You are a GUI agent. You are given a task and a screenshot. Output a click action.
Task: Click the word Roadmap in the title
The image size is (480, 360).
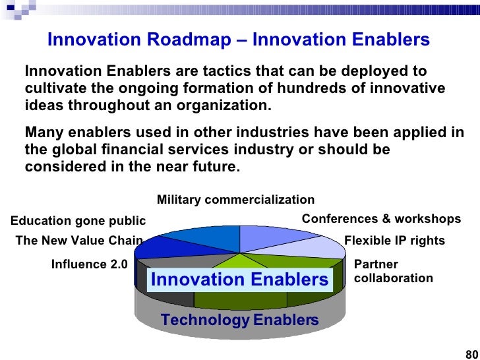189,39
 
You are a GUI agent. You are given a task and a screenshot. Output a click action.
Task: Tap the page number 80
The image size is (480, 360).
472,354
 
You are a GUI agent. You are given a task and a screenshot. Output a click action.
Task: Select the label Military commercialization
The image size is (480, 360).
236,200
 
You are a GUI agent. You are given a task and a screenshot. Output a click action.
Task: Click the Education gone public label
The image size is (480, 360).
78,221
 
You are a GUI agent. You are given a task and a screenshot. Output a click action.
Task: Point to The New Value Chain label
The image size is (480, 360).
79,240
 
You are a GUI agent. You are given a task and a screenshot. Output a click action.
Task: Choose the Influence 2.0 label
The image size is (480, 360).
90,264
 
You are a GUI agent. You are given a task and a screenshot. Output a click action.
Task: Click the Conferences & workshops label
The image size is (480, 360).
381,219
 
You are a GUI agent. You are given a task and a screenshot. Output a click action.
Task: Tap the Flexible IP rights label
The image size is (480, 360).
394,241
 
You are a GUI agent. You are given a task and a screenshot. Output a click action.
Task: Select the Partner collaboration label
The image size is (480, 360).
394,271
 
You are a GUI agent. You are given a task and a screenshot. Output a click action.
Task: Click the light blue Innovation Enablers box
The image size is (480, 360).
240,280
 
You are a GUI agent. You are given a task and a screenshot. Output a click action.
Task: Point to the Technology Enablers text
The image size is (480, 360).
240,320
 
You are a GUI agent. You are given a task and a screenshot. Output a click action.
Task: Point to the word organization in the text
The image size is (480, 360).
224,105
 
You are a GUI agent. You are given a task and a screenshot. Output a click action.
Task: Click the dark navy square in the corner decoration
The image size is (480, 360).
11,7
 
